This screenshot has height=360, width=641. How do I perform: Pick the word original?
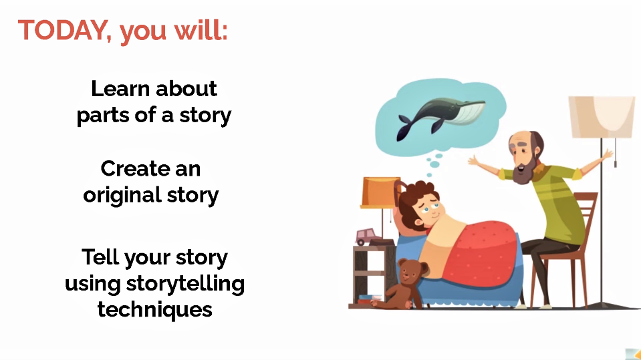click(122, 195)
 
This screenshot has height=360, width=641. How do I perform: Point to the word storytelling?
click(185, 284)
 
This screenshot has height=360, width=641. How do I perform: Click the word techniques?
click(154, 310)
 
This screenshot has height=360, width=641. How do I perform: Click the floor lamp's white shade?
click(602, 117)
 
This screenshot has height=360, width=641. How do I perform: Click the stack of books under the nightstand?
click(369, 299)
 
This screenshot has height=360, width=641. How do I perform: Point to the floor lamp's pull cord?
click(615, 153)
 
